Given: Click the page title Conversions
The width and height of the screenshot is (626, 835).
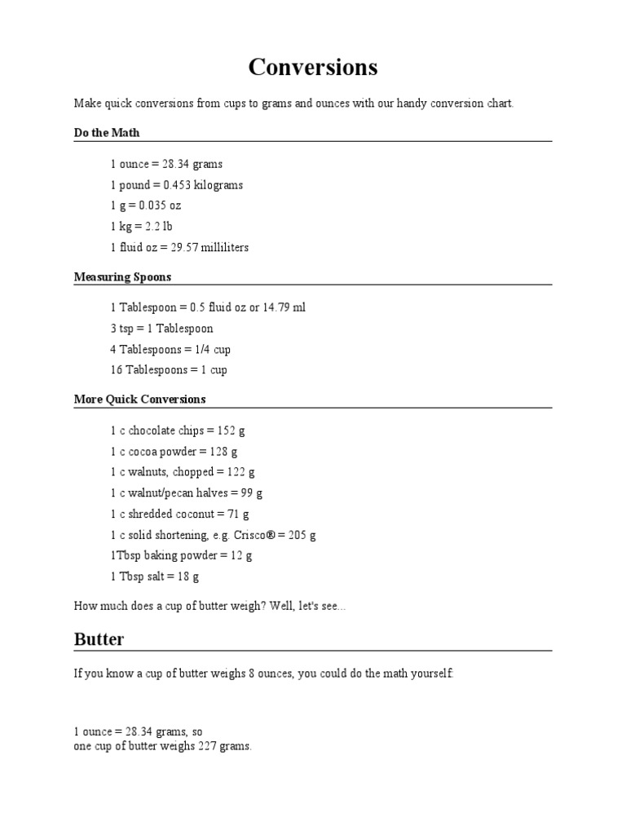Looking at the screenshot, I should click(313, 67).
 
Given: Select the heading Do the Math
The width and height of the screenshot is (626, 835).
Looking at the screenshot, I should click(107, 133).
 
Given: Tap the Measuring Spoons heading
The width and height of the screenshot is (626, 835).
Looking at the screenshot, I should click(122, 277).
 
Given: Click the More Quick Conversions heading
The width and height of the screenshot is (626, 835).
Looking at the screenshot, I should click(139, 400).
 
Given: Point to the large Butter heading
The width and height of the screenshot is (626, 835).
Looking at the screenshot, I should click(99, 639).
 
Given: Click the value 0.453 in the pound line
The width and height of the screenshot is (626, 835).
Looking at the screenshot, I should click(177, 185).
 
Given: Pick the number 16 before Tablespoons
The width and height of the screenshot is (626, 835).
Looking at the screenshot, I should click(116, 369).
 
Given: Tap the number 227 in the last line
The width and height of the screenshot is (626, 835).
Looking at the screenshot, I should click(207, 747).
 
